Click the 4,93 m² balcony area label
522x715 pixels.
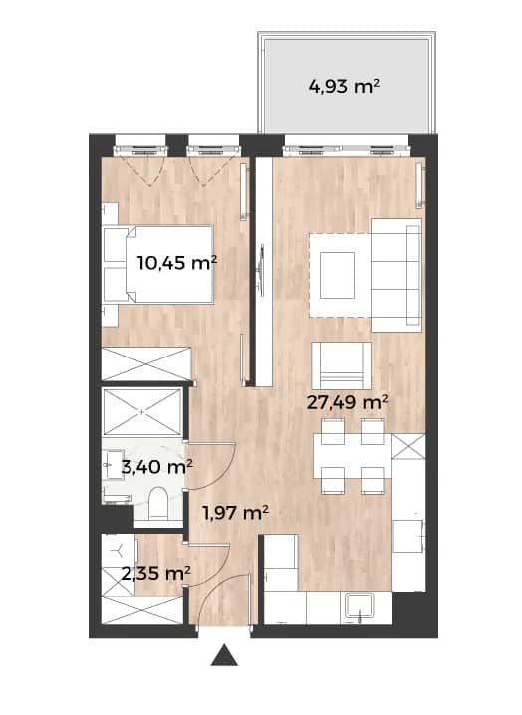click(345, 86)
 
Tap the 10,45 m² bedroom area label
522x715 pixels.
click(177, 263)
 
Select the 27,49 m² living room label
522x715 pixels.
click(348, 402)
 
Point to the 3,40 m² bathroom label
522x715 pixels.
click(156, 466)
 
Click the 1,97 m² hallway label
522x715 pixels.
click(235, 513)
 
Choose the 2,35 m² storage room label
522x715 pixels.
click(156, 573)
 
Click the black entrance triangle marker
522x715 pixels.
click(224, 655)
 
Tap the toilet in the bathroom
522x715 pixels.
click(158, 504)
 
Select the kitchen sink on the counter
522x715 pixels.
click(360, 607)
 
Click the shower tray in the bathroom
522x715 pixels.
click(142, 412)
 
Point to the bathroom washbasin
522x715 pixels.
click(113, 465)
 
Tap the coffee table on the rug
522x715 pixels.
click(337, 275)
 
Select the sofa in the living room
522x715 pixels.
click(396, 275)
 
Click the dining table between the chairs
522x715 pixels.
click(353, 456)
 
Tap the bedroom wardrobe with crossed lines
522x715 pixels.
click(146, 363)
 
